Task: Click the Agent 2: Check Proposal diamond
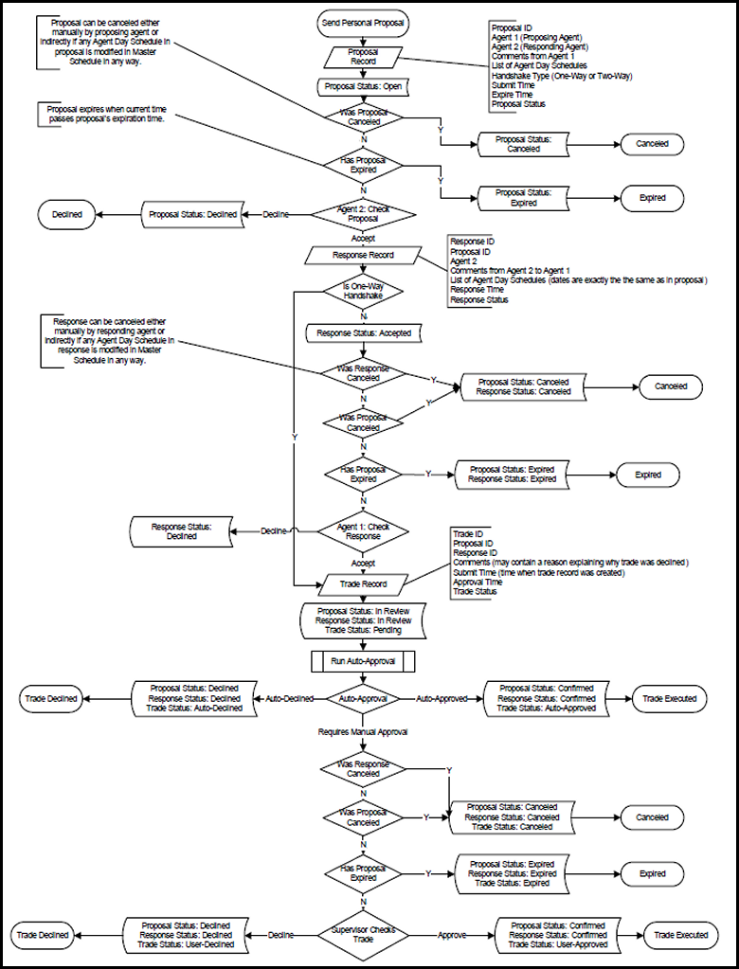point(365,214)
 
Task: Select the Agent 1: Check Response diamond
point(365,530)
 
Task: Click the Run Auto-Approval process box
point(365,657)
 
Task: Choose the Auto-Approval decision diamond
point(365,699)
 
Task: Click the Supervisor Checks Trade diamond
point(365,934)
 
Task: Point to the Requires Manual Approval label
point(365,732)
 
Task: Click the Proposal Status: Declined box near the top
point(192,214)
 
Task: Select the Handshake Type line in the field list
point(561,76)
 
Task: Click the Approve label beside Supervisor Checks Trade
point(452,934)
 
